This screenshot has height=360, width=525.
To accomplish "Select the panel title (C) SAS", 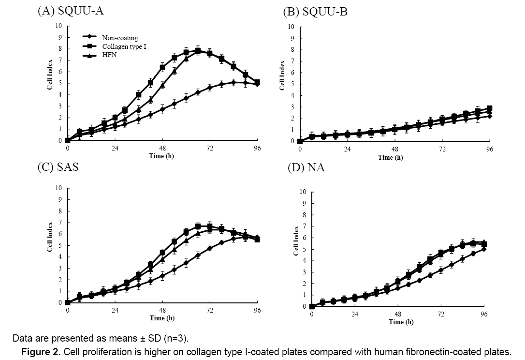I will point(58,167).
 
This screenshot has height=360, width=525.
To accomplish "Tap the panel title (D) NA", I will point(306,167).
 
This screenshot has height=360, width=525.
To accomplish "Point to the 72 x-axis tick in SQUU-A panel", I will point(209,148).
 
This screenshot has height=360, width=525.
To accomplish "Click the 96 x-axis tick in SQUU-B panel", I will point(490,149).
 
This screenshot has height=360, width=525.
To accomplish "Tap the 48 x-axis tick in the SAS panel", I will point(162,310).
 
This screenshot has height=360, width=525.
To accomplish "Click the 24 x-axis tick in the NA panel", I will point(355,314).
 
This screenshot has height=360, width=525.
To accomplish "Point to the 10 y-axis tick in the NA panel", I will point(303,192).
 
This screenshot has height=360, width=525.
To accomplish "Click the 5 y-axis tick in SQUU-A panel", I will point(60,83).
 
